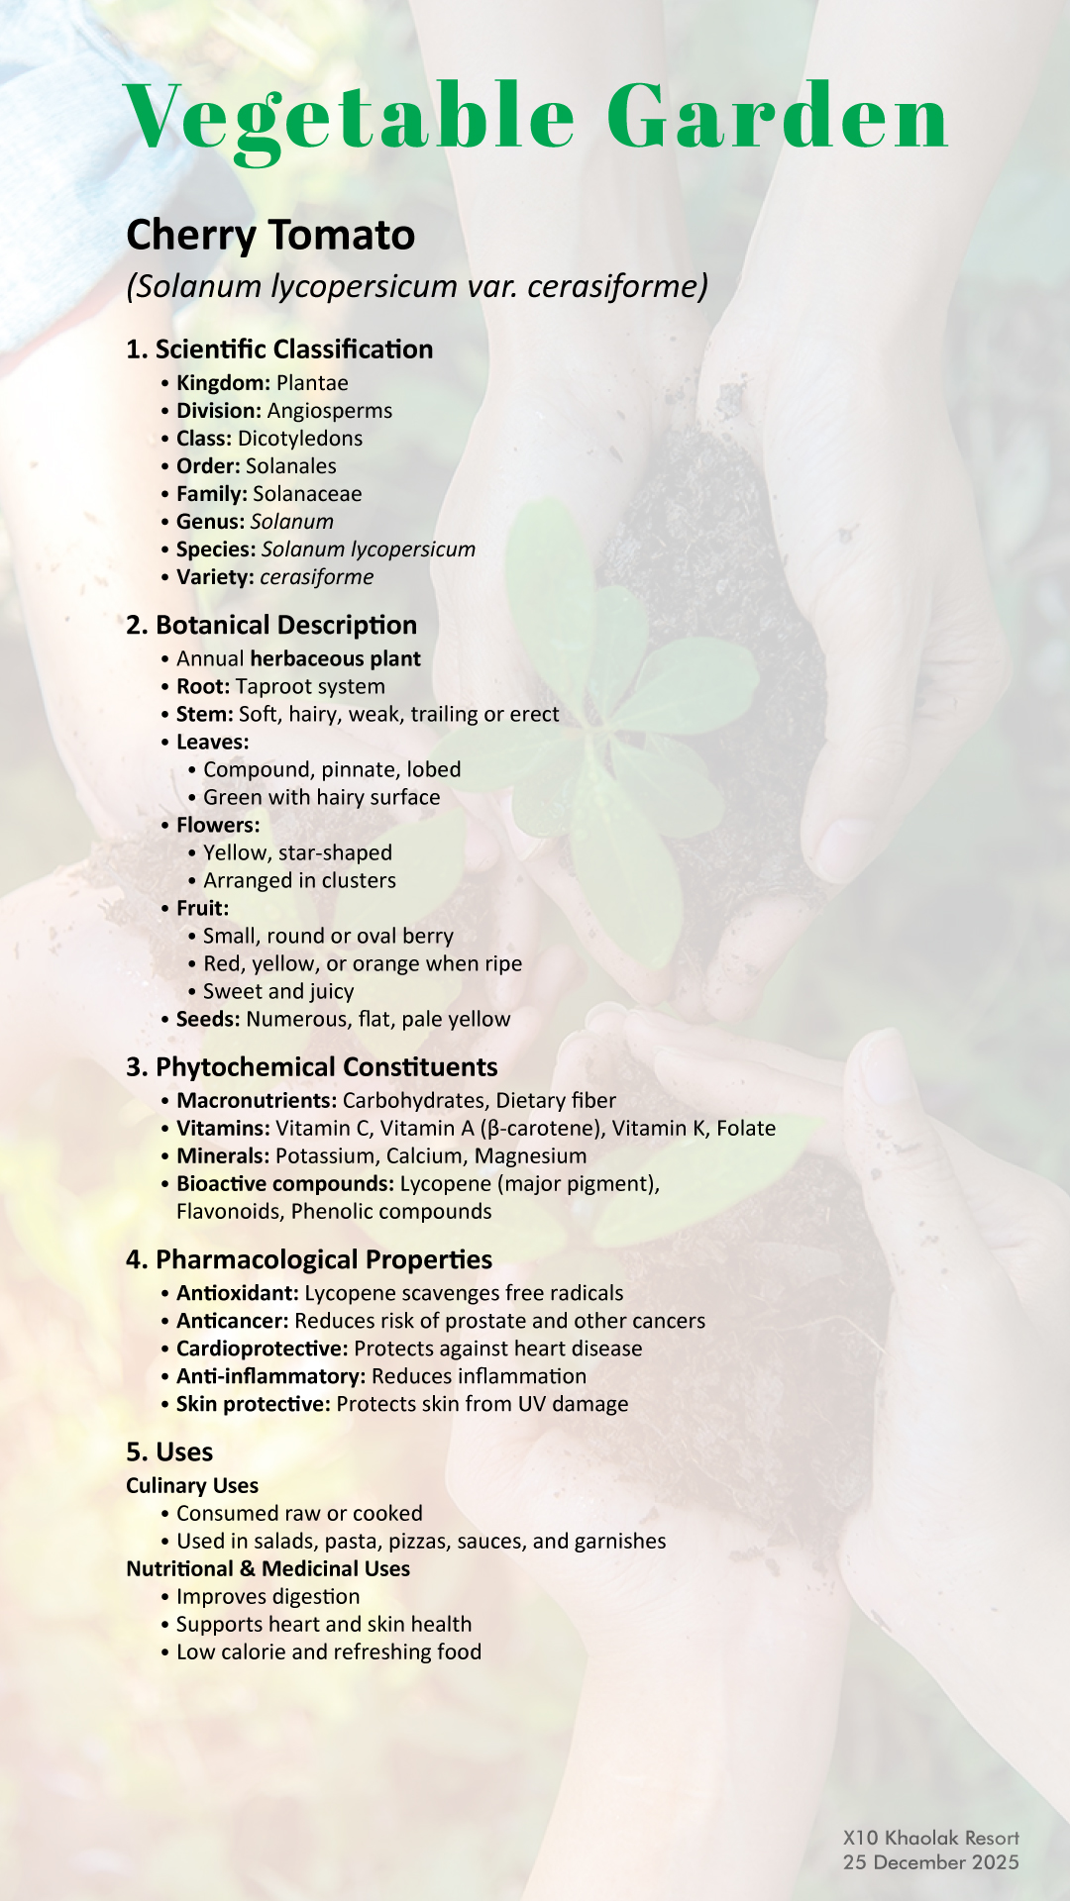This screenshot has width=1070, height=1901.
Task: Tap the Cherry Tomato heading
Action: click(x=270, y=236)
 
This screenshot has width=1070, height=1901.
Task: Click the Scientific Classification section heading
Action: click(x=279, y=350)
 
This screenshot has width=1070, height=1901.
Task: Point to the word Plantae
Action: click(x=312, y=383)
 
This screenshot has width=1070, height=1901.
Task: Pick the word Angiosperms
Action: click(x=330, y=411)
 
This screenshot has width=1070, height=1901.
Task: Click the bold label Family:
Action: click(x=211, y=494)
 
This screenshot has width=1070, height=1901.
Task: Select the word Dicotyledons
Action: click(x=300, y=439)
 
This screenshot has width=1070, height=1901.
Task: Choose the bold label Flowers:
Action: click(x=218, y=826)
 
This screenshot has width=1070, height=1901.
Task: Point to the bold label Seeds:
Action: click(x=208, y=1020)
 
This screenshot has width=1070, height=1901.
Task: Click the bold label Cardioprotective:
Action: click(x=262, y=1349)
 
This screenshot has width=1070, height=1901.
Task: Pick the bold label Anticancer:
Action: click(x=232, y=1321)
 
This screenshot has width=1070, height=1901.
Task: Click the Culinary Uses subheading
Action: click(x=192, y=1486)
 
